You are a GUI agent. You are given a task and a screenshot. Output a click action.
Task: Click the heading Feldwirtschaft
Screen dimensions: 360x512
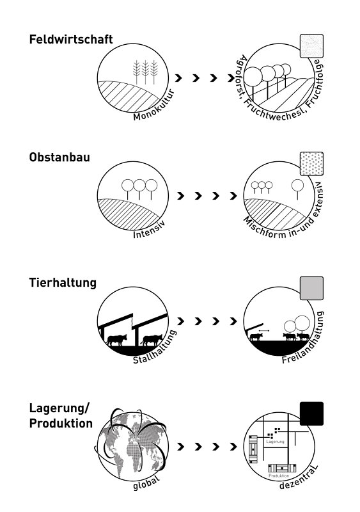71,39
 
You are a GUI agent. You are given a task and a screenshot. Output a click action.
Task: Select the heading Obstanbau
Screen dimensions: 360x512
59,157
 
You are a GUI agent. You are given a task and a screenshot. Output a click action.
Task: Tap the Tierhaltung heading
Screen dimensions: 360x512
63,282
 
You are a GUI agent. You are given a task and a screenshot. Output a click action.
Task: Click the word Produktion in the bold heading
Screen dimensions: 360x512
61,423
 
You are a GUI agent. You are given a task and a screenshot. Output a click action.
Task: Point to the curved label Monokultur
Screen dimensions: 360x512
153,106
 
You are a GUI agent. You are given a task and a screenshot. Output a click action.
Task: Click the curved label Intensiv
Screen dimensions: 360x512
149,230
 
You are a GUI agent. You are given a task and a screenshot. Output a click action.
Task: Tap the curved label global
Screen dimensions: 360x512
146,483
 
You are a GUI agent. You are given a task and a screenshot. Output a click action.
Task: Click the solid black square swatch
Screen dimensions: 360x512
311,413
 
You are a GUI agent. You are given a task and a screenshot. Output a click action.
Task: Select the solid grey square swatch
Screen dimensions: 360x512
311,289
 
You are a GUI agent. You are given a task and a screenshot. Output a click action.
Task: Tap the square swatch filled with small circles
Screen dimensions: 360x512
311,164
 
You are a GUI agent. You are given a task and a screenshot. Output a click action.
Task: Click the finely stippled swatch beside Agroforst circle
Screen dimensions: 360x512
311,46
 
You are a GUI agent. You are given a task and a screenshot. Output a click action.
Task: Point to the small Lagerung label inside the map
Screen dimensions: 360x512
275,442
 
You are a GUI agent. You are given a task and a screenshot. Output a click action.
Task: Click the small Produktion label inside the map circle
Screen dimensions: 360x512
279,476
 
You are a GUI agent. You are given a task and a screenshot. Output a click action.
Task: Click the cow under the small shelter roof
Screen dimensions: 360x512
256,337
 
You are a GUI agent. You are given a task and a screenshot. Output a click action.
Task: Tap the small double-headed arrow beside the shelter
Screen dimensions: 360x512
263,331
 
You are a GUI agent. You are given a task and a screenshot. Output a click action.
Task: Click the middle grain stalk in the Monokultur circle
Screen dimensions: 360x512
145,72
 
